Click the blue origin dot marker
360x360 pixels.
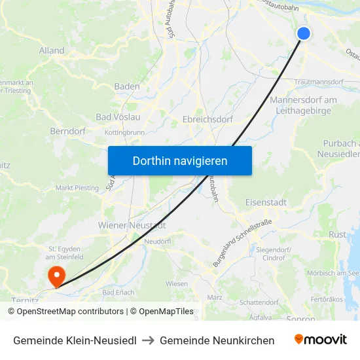[x=304, y=34]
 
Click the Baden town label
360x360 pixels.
[x=126, y=86]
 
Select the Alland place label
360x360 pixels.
[x=52, y=50]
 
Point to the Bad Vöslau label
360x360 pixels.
[x=118, y=117]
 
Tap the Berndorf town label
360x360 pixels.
[x=68, y=131]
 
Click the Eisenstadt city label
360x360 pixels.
[x=266, y=202]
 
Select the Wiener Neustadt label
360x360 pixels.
[x=132, y=225]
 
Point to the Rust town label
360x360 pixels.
[x=338, y=234]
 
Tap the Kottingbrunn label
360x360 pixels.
[x=125, y=132]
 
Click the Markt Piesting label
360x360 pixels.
[x=77, y=188]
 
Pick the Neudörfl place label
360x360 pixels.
[x=156, y=242]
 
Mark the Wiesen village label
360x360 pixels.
[x=177, y=283]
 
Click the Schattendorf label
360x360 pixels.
[x=259, y=302]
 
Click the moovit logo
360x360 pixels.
[x=321, y=340]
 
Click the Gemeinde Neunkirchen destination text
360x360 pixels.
[x=217, y=340]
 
